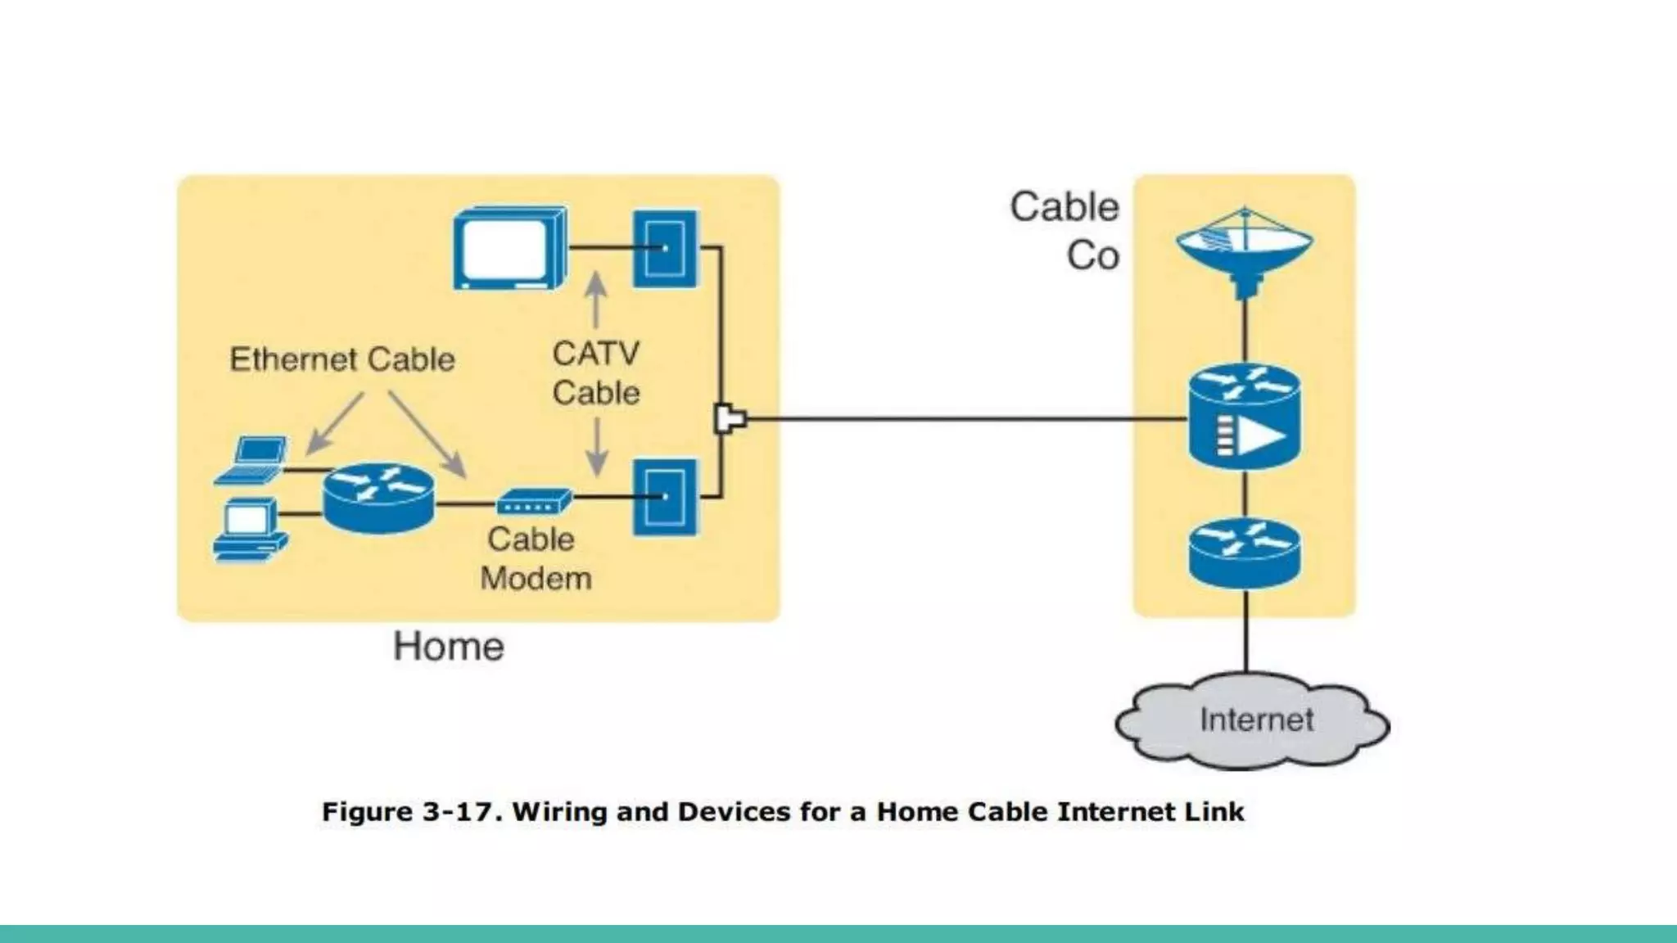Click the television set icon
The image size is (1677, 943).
[510, 248]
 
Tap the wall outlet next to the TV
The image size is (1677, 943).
[666, 248]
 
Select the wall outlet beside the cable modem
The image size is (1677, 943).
[666, 497]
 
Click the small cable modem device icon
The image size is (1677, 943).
[533, 501]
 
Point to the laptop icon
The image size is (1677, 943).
[253, 461]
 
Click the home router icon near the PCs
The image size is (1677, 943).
[378, 497]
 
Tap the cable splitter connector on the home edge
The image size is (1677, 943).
[729, 419]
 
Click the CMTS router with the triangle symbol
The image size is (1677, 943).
[1244, 417]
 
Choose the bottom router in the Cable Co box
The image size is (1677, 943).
[1244, 553]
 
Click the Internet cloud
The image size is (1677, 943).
[1253, 720]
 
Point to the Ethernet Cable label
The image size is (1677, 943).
[341, 359]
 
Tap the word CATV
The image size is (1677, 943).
[595, 354]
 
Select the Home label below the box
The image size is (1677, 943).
[449, 647]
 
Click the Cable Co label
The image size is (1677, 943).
[1065, 230]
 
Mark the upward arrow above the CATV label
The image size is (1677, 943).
[596, 300]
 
